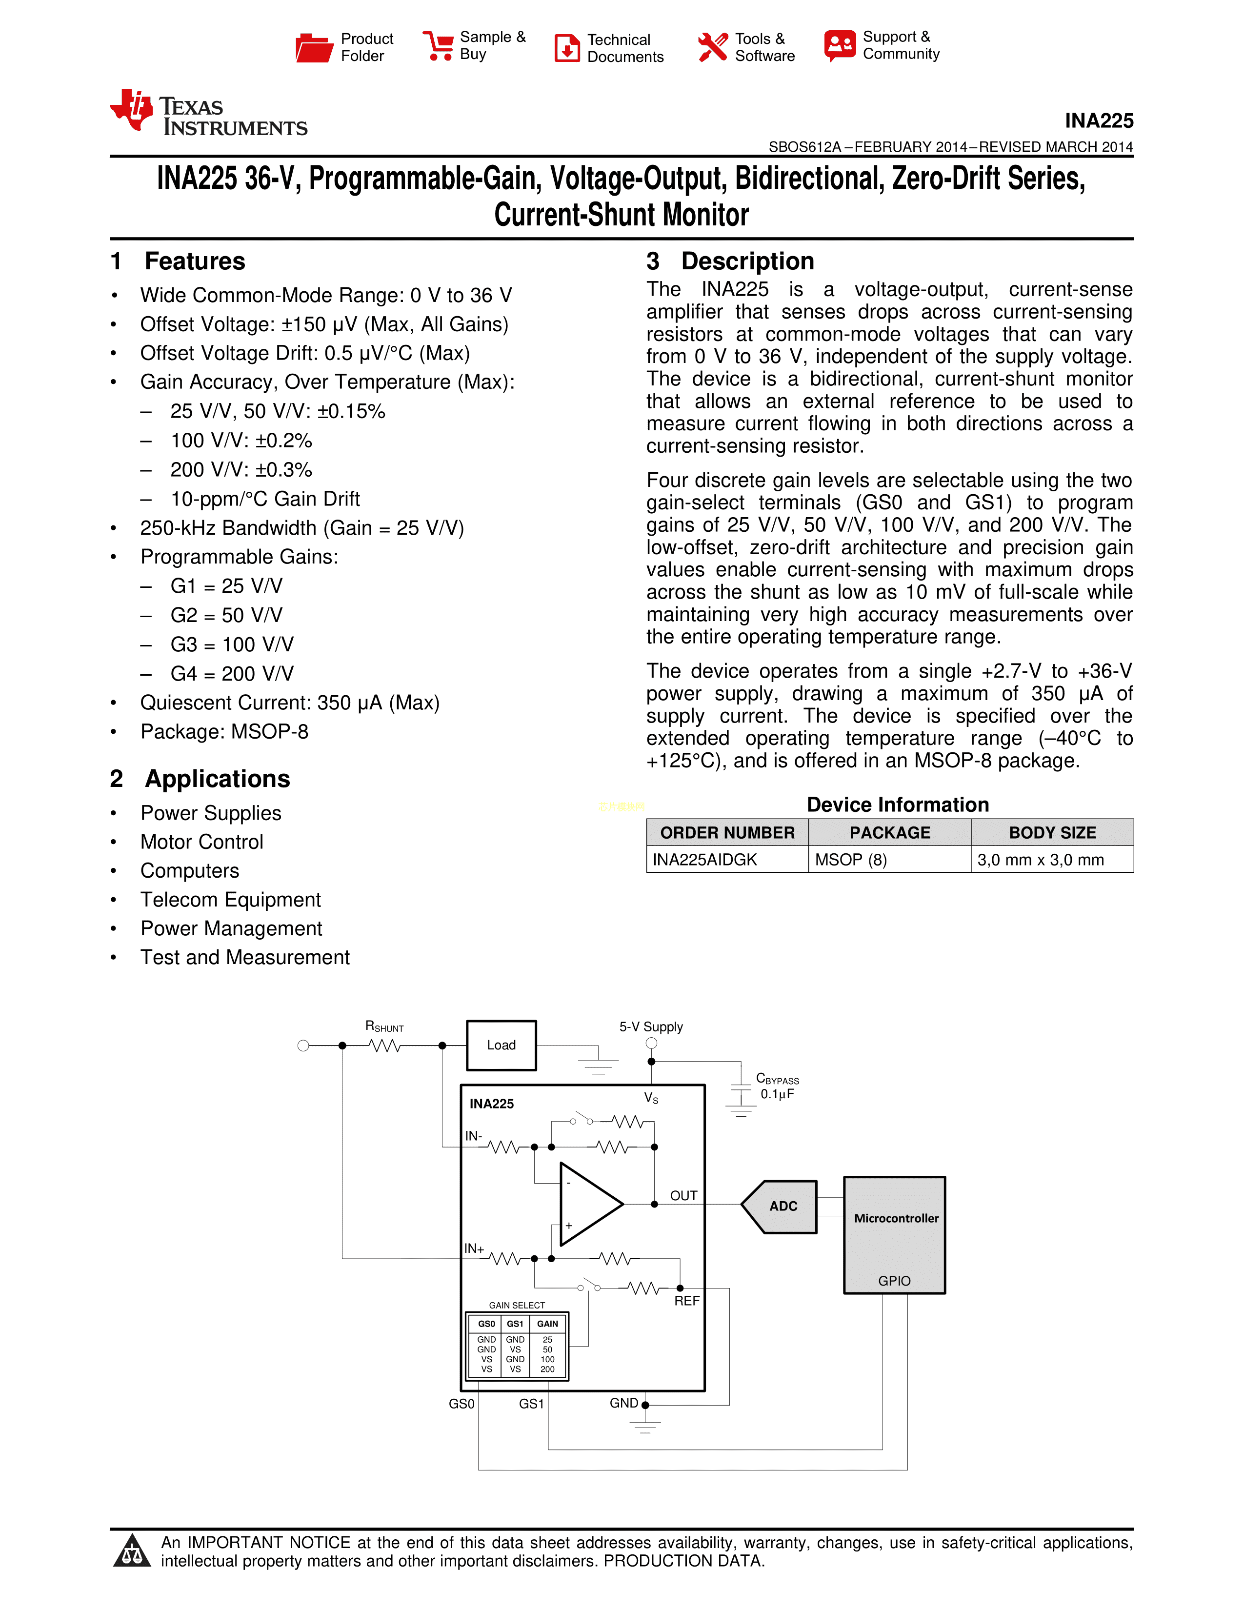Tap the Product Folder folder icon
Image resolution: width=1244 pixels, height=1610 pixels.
(314, 48)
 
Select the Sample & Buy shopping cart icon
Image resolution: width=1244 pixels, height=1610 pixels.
(438, 46)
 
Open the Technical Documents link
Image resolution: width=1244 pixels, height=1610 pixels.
(624, 48)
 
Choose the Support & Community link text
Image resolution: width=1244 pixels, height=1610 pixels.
(901, 45)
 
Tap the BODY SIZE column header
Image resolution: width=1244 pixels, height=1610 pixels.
(1052, 832)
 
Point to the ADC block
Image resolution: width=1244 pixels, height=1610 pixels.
(783, 1206)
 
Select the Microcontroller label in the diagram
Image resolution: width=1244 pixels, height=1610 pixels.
(895, 1219)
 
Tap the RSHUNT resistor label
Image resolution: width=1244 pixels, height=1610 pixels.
(384, 1026)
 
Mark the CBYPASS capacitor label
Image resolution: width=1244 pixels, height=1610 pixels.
(777, 1079)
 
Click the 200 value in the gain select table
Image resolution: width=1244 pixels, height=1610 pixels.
(547, 1369)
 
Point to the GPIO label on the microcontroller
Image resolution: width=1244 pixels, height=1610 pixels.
(894, 1281)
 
